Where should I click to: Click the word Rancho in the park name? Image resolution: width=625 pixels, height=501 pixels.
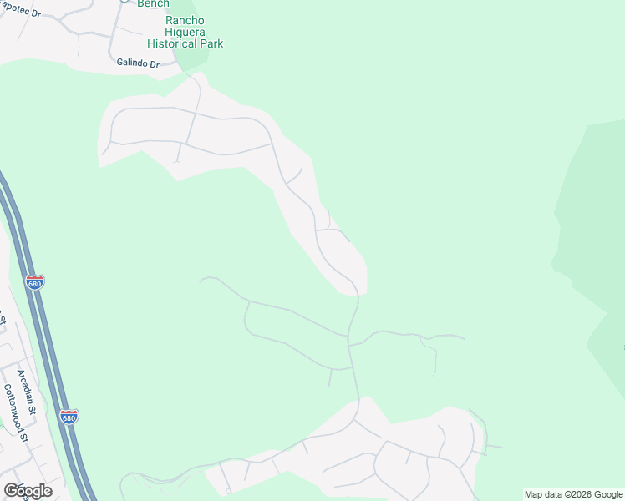point(185,20)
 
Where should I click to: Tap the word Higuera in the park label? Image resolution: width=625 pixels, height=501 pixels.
point(185,32)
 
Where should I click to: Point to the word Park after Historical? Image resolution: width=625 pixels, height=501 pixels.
point(211,43)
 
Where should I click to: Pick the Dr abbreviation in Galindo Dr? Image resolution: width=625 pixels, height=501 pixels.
point(154,63)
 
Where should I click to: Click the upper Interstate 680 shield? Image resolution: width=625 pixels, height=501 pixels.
point(34,282)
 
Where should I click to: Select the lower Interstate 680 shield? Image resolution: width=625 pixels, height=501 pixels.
point(69,416)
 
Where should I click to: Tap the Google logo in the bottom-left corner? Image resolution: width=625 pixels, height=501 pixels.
point(28,491)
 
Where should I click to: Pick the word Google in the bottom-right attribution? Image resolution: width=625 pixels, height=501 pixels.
point(607,495)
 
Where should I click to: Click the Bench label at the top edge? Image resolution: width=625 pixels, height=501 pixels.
point(153,4)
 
